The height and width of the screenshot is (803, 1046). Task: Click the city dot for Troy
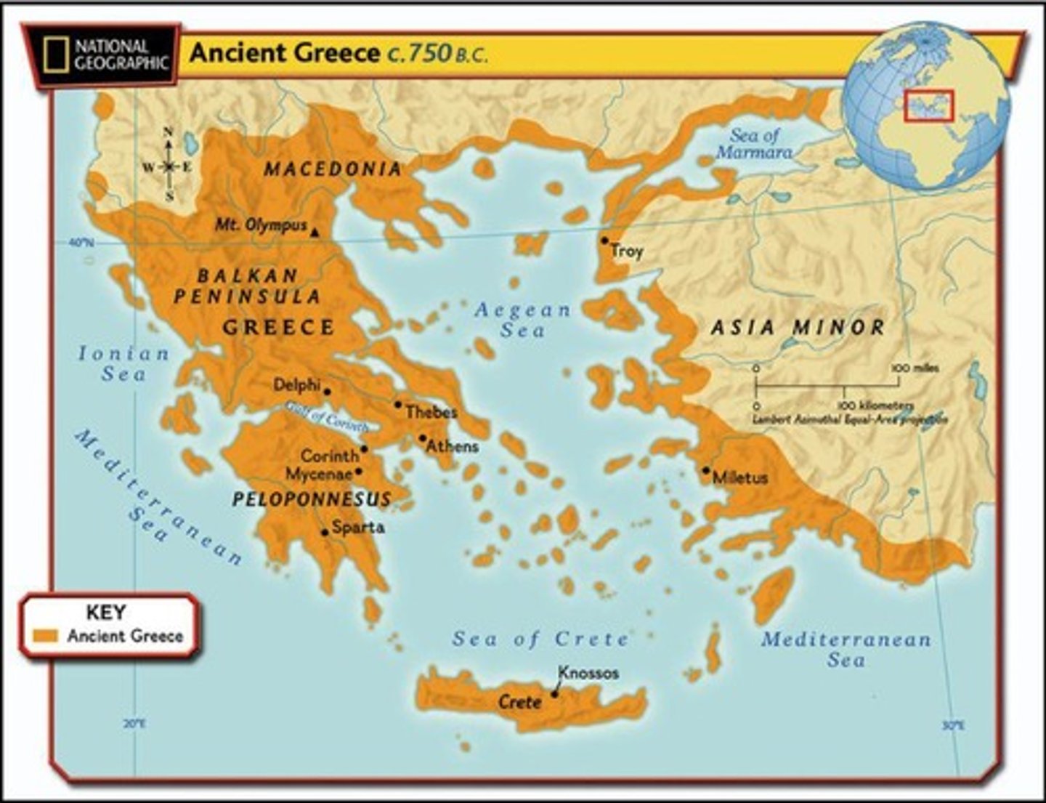coord(604,240)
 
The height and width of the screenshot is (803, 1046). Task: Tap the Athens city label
coord(452,446)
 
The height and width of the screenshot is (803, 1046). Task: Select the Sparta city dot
coord(324,532)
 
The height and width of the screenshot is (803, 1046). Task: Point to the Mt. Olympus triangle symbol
coord(315,233)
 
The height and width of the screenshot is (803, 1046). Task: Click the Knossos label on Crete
coord(588,673)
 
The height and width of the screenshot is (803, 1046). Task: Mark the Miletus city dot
coord(705,470)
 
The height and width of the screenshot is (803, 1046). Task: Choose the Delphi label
coord(296,385)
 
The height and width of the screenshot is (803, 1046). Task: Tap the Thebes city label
coord(431,412)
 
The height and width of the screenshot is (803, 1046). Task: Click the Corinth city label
coord(330,456)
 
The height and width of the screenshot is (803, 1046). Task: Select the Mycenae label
coord(319,474)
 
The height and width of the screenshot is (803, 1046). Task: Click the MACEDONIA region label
coord(333,169)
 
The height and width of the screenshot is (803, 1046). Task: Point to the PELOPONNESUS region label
coord(312,499)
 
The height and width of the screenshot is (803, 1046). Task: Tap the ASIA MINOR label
coord(798,328)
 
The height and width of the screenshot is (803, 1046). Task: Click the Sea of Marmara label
coord(754,143)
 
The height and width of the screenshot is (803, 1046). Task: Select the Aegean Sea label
coord(522,320)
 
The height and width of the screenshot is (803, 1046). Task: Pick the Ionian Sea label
coord(123,363)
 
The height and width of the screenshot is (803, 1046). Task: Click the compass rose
coord(169,166)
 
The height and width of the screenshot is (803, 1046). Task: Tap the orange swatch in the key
coord(46,636)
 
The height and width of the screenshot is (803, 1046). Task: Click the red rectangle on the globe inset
coord(928,105)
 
